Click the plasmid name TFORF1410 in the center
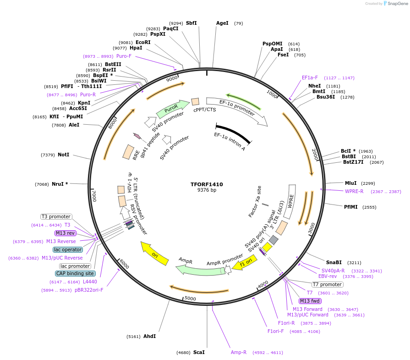(x=207, y=184)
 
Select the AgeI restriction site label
(x=222, y=23)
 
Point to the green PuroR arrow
(x=172, y=109)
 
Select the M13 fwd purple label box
(x=310, y=301)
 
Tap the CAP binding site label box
(x=75, y=273)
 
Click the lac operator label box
(x=68, y=249)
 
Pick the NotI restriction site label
(x=63, y=155)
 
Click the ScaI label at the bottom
(x=199, y=352)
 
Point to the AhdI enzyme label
(x=149, y=336)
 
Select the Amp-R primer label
(x=239, y=352)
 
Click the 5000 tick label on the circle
(x=190, y=299)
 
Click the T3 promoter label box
(x=56, y=216)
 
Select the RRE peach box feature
(x=128, y=152)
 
